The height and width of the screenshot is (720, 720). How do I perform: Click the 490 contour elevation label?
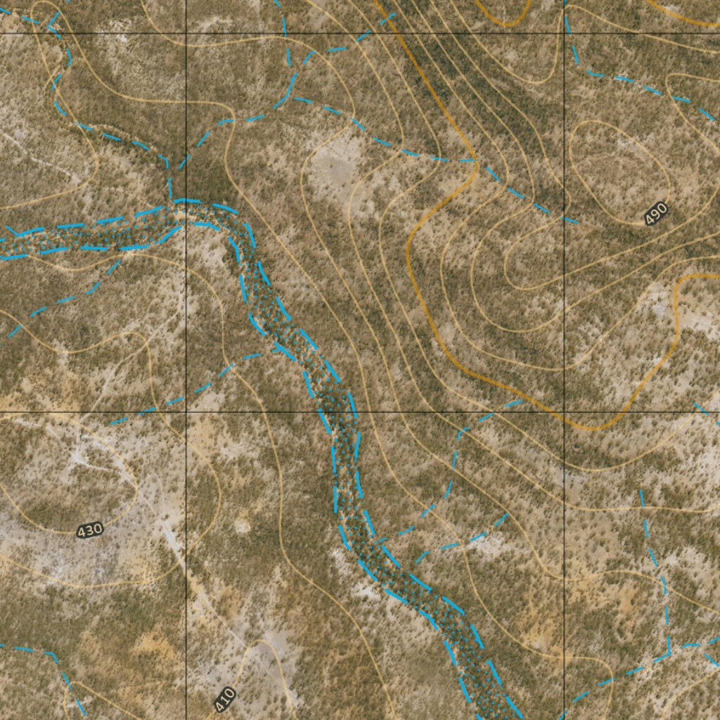pyautogui.click(x=655, y=213)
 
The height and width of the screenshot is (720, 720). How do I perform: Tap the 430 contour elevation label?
pyautogui.click(x=89, y=530)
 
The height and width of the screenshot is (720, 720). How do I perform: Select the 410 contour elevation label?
pyautogui.click(x=224, y=699)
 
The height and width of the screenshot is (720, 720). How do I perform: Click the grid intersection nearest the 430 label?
pyautogui.click(x=186, y=412)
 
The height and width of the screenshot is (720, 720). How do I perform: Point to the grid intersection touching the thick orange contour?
pyautogui.click(x=564, y=412)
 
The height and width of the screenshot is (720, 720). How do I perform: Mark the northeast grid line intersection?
pyautogui.click(x=564, y=33)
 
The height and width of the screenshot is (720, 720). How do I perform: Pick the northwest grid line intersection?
pyautogui.click(x=186, y=33)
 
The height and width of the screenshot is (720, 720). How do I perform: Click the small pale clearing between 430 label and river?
pyautogui.click(x=243, y=524)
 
